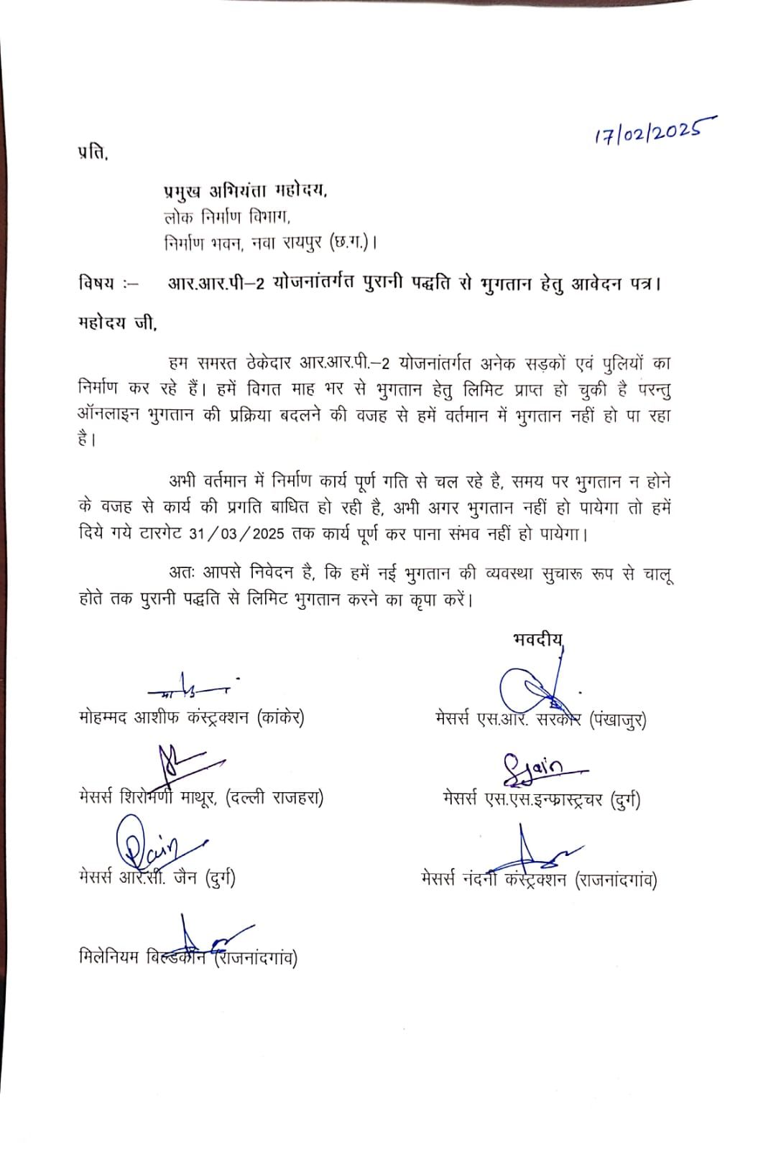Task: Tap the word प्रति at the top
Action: click(93, 153)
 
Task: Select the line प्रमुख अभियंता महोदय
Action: click(245, 191)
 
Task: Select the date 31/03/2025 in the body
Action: click(236, 535)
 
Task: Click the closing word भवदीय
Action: click(537, 639)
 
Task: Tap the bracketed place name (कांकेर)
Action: click(280, 717)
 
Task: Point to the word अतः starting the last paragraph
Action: click(181, 573)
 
